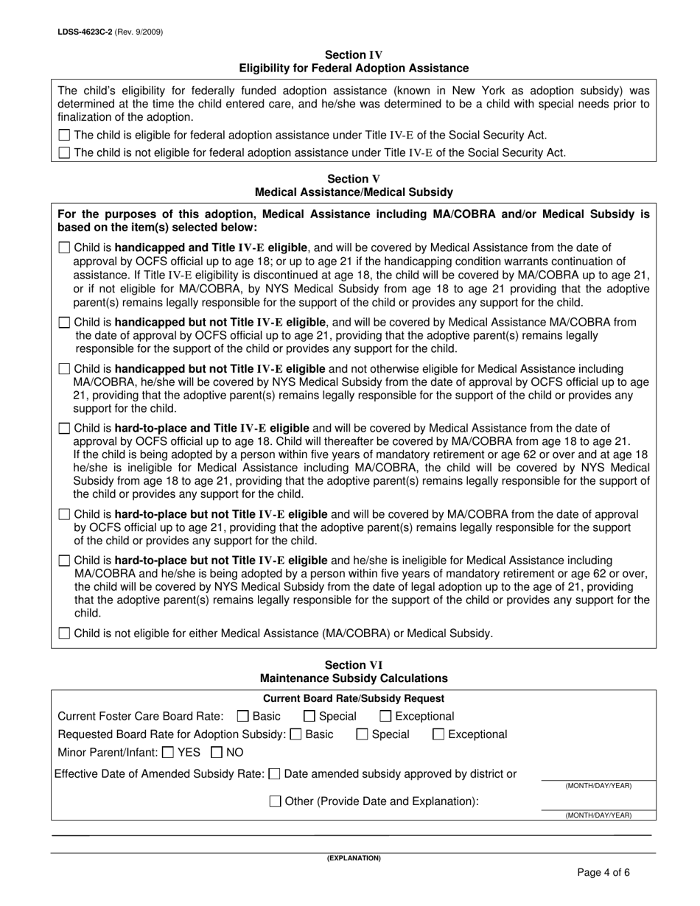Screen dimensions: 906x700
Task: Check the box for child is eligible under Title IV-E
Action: [x=64, y=135]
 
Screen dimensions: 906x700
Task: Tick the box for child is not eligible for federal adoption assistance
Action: [x=64, y=153]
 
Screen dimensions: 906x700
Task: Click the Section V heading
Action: [x=354, y=179]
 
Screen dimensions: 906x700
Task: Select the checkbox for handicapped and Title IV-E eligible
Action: [x=64, y=248]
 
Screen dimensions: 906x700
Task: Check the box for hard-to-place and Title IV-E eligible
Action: [x=64, y=428]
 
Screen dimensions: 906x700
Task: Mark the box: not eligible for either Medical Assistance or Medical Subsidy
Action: [x=64, y=633]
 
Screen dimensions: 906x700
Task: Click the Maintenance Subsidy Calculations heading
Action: [x=354, y=678]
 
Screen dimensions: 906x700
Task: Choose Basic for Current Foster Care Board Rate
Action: [x=242, y=716]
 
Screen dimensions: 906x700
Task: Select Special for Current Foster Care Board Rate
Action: [x=309, y=716]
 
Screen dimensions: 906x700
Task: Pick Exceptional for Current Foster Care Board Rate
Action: [x=385, y=716]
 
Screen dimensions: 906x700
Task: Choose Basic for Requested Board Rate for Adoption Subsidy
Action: [x=296, y=734]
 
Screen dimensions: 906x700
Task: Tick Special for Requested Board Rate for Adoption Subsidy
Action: [x=362, y=734]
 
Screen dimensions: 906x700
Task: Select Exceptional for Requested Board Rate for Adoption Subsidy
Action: [x=438, y=734]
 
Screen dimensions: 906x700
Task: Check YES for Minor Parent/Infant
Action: [x=167, y=753]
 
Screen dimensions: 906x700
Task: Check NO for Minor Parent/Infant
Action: [x=217, y=753]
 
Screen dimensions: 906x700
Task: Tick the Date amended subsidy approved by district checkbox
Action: [x=275, y=774]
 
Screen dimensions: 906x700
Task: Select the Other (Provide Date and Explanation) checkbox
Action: [x=275, y=801]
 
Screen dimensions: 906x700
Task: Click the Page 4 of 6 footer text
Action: [x=603, y=874]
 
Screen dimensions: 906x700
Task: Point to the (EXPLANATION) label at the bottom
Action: [x=354, y=858]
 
